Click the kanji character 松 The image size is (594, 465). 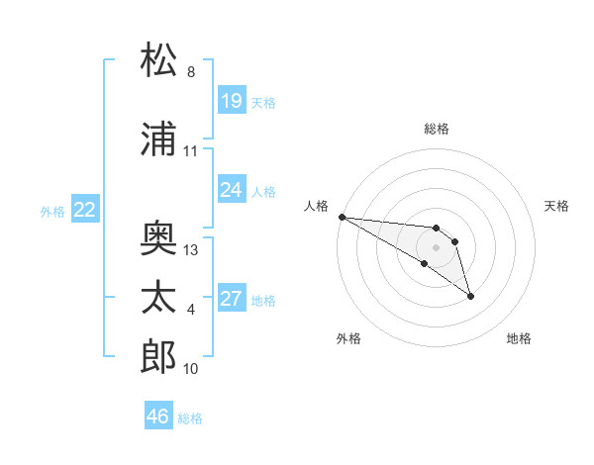160,60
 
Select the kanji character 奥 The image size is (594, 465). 160,237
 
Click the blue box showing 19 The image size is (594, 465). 231,101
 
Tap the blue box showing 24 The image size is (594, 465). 231,190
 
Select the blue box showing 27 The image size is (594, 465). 231,299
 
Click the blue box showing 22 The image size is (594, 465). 85,210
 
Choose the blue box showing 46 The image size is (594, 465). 158,417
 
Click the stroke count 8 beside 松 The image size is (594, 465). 191,72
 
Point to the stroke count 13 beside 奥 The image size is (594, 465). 191,250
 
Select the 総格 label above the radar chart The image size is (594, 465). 437,129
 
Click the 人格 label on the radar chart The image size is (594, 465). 317,206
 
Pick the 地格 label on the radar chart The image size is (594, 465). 519,338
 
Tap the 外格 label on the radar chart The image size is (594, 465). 348,338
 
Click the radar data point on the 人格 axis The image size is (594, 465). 342,217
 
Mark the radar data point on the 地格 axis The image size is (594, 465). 470,295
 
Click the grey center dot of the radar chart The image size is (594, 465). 437,247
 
